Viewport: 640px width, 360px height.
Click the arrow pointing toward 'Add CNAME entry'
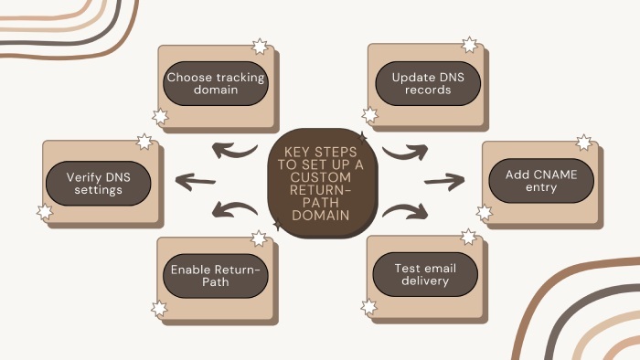pos(444,180)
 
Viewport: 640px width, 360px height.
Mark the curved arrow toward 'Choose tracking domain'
pos(237,147)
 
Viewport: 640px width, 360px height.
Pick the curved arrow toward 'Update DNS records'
pos(402,148)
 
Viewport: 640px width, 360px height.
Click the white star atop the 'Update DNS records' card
pos(469,45)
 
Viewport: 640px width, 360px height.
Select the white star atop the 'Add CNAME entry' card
pos(583,143)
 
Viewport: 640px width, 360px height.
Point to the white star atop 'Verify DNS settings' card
pos(144,142)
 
